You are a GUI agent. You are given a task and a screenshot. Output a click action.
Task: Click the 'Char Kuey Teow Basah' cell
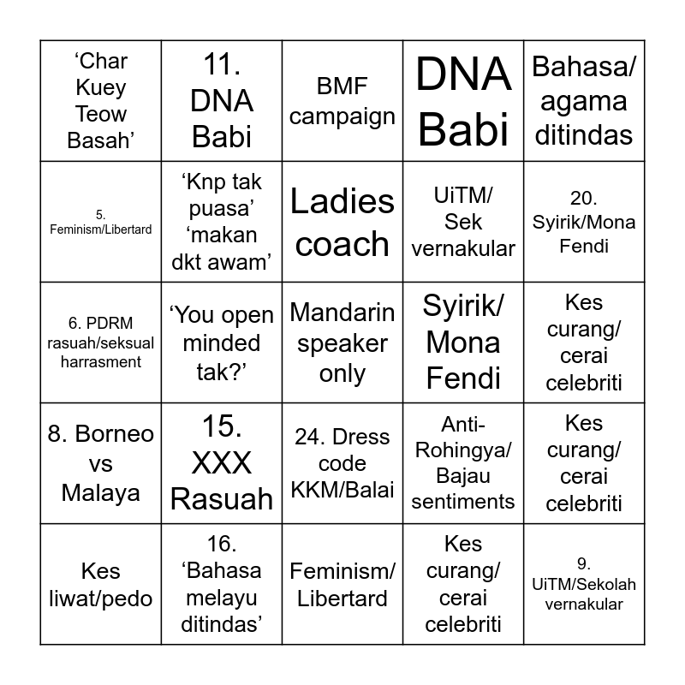point(101,101)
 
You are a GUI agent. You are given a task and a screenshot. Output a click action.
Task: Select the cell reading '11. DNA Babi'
point(222,101)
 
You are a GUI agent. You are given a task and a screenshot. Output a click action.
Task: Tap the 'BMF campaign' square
point(342,101)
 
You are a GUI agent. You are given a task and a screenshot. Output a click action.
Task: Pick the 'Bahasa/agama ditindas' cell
point(584,101)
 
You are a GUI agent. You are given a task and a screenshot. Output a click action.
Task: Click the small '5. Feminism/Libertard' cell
point(101,222)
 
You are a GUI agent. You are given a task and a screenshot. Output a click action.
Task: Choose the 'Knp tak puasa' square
point(222,222)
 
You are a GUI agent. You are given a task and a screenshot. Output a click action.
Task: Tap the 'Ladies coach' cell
point(342,222)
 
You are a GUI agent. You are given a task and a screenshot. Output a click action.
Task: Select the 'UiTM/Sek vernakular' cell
point(463,222)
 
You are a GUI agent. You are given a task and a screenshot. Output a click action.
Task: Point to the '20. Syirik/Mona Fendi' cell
point(584,222)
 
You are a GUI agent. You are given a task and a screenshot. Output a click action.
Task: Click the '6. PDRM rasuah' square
point(101,342)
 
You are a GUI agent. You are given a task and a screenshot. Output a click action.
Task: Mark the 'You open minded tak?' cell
point(222,342)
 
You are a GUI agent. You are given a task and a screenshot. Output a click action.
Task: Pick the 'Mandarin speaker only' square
point(342,342)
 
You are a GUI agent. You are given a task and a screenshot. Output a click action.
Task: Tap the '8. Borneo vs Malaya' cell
point(101,463)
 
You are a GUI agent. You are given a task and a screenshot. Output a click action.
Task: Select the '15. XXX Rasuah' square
point(222,463)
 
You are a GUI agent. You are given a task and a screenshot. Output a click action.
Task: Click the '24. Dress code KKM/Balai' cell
point(342,463)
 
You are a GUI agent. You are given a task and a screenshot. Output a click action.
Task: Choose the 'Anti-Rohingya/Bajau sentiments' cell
point(463,463)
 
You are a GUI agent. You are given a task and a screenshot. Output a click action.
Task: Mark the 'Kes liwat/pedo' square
point(101,584)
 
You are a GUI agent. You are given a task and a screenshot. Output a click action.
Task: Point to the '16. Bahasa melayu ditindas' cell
point(222,584)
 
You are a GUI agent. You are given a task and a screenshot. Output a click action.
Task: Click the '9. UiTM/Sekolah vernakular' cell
point(584,584)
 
